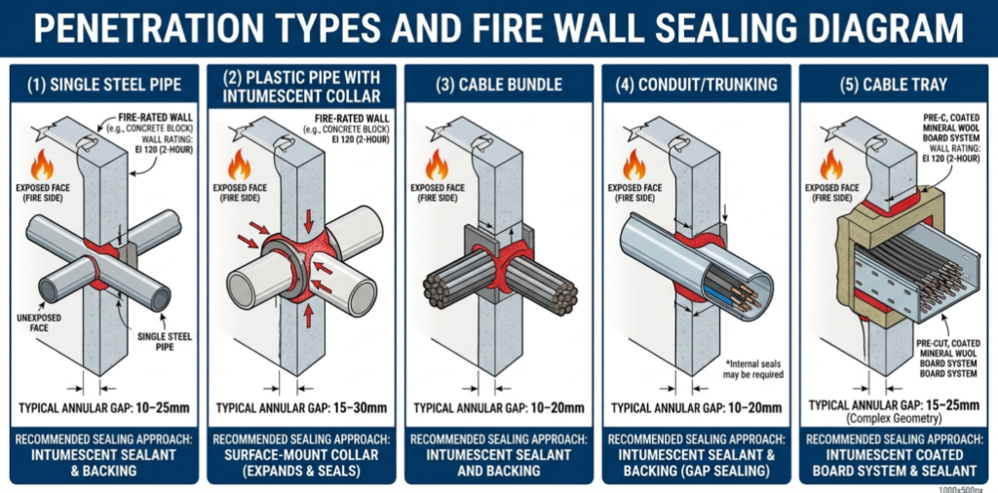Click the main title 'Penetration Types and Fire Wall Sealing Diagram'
pyautogui.click(x=499, y=28)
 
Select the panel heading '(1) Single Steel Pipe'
pyautogui.click(x=104, y=85)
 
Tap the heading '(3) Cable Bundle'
pyautogui.click(x=498, y=85)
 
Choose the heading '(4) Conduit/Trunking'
pyautogui.click(x=696, y=85)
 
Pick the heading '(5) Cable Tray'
pyautogui.click(x=893, y=85)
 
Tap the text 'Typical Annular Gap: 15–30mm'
pyautogui.click(x=301, y=408)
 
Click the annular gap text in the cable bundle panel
pyautogui.click(x=499, y=408)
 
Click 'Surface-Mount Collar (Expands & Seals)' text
pyautogui.click(x=301, y=462)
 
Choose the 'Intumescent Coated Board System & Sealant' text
pyautogui.click(x=893, y=462)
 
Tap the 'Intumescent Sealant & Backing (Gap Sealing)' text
pyautogui.click(x=696, y=462)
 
